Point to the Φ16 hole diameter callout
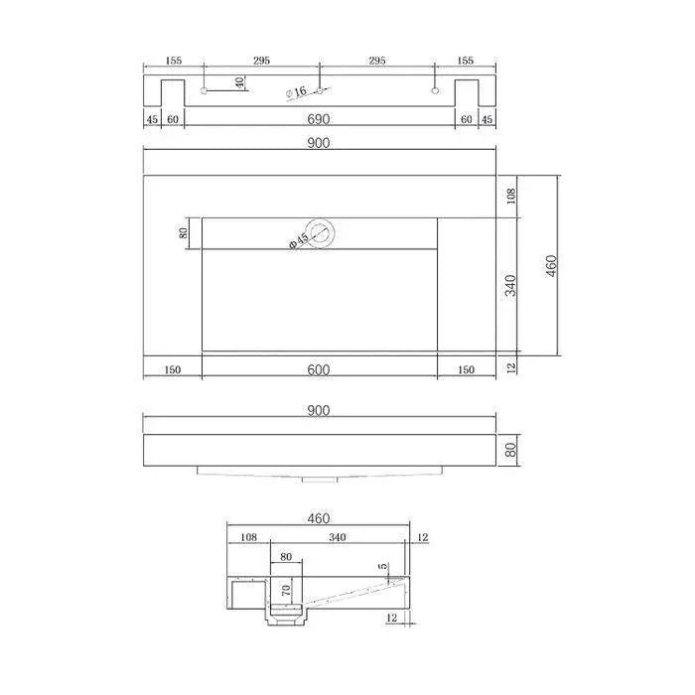click(296, 92)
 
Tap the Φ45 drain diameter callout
click(298, 241)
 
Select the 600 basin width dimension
click(318, 369)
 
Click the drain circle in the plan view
click(321, 233)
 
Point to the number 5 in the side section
click(383, 567)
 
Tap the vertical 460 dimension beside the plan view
click(552, 266)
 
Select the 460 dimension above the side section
click(318, 518)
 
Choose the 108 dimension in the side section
click(248, 537)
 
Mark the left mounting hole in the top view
click(204, 91)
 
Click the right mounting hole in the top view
click(435, 91)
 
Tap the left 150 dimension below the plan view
click(172, 370)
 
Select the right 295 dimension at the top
click(376, 61)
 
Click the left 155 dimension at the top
click(173, 61)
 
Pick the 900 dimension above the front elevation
click(318, 410)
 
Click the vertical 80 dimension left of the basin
click(184, 233)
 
